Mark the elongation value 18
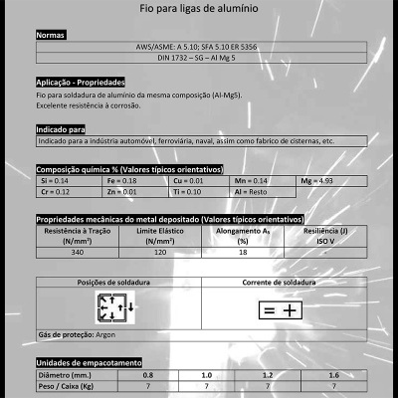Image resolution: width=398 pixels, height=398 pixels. pyautogui.click(x=242, y=253)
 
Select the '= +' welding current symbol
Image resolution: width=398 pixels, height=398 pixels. pyautogui.click(x=280, y=310)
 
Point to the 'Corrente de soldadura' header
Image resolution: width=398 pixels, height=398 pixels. pyautogui.click(x=283, y=283)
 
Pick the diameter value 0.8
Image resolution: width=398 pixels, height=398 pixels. pyautogui.click(x=148, y=374)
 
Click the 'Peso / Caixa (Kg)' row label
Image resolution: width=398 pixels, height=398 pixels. pyautogui.click(x=67, y=384)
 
